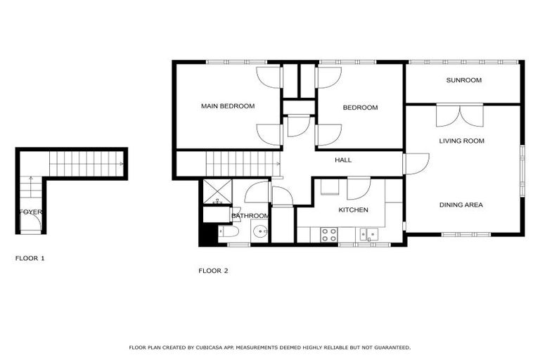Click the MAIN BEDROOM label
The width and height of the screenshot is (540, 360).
click(227, 106)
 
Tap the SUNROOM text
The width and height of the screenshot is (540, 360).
click(464, 80)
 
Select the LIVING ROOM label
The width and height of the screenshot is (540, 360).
click(461, 141)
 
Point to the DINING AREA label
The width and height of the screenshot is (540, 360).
click(461, 205)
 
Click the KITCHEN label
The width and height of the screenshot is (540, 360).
click(354, 210)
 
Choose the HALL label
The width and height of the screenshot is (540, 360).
click(343, 160)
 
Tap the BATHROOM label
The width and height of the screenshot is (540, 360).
click(250, 215)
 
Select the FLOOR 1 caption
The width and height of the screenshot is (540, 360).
click(30, 259)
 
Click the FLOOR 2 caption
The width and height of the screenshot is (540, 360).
click(213, 271)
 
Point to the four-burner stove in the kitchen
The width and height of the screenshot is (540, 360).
click(328, 235)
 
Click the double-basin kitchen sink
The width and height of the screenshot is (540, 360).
click(368, 234)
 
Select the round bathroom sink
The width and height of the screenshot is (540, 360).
click(259, 231)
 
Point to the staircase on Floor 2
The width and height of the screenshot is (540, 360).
click(238, 165)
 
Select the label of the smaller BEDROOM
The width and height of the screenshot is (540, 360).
click(360, 108)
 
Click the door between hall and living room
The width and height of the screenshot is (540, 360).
click(415, 163)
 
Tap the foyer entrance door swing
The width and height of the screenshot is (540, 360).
click(32, 224)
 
